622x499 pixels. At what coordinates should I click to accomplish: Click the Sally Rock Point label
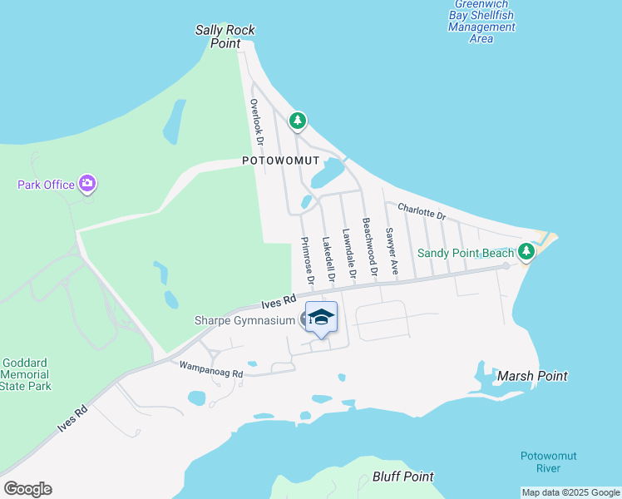[225, 37]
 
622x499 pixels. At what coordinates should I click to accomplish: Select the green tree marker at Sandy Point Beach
[526, 250]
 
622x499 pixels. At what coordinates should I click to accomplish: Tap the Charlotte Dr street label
[422, 212]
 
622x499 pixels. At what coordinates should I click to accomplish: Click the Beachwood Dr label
[369, 247]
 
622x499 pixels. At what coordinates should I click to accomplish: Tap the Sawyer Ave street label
[391, 251]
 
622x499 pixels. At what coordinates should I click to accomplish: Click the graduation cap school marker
[322, 317]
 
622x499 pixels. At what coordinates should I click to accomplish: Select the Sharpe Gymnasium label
[244, 320]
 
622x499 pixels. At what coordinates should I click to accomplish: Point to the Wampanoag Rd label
[210, 368]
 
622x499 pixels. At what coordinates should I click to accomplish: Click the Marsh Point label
[532, 376]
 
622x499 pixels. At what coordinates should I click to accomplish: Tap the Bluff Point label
[403, 477]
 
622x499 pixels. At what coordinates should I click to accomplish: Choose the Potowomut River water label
[548, 462]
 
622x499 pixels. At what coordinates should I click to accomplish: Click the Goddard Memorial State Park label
[27, 374]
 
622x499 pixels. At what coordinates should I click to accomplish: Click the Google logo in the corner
[27, 489]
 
